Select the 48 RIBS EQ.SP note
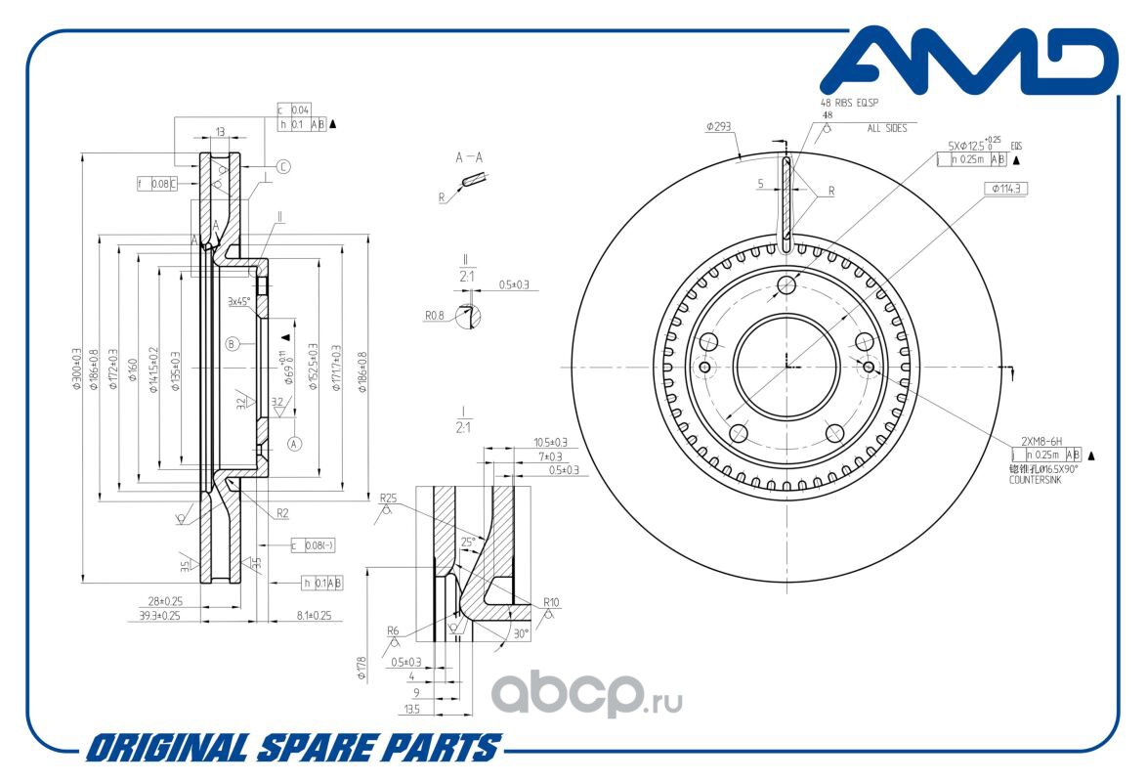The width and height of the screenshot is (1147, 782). click(849, 102)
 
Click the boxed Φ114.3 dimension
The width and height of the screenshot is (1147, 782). click(1009, 188)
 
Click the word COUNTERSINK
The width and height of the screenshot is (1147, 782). click(1035, 480)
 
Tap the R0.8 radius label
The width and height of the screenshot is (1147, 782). click(435, 316)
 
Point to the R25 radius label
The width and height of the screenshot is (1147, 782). click(387, 498)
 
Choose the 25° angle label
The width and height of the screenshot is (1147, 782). click(469, 542)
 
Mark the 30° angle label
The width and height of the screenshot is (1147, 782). click(521, 632)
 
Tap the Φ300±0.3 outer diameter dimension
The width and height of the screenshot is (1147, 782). click(77, 369)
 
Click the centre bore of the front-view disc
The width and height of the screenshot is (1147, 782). click(786, 366)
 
